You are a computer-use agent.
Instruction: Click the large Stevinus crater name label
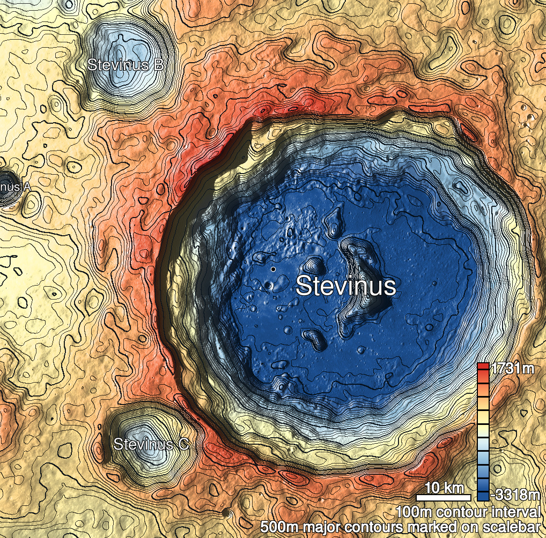pos(346,286)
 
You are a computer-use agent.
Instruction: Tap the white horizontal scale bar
pos(444,497)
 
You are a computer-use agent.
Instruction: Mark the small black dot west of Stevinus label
pos(273,268)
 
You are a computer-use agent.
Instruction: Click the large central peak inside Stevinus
pos(365,279)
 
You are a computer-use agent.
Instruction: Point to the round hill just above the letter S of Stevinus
pos(312,264)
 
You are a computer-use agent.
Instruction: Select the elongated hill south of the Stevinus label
pos(314,338)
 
